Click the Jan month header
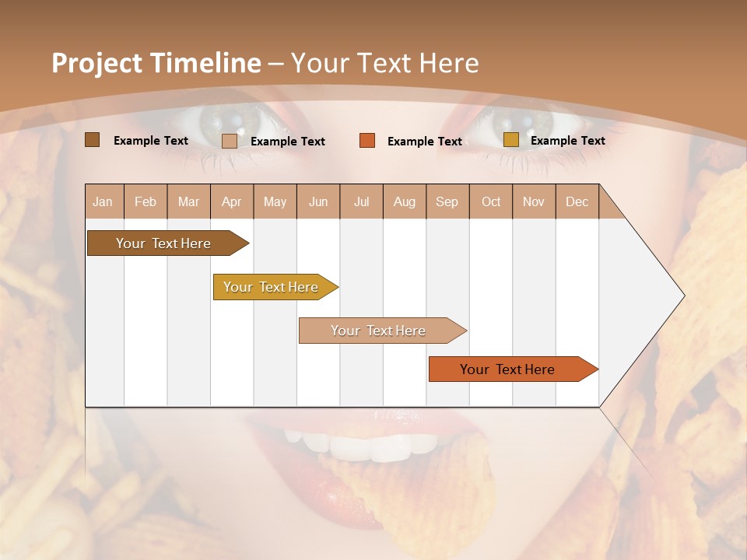[103, 202]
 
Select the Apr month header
[231, 202]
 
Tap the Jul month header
[361, 202]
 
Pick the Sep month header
[447, 202]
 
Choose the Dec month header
[577, 202]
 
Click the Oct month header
[491, 202]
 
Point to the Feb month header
[146, 202]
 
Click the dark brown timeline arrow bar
[164, 243]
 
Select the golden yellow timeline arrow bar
[272, 287]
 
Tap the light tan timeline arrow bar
[379, 331]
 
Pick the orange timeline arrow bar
[508, 369]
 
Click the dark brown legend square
[92, 140]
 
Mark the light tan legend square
[230, 141]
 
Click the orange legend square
[367, 141]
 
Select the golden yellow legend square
[510, 140]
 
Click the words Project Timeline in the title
[156, 63]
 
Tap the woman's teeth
[366, 446]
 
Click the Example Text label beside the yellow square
[567, 141]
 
